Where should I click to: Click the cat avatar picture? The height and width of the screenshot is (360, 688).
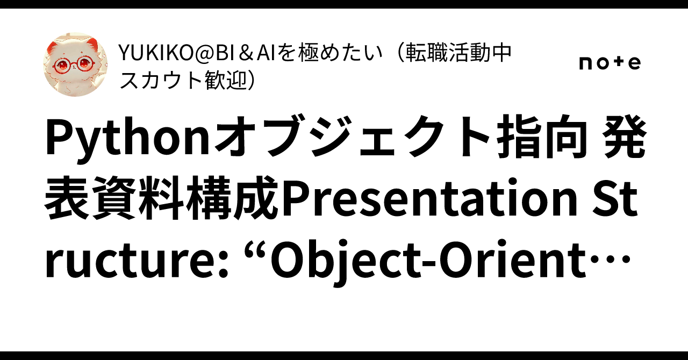pyautogui.click(x=75, y=64)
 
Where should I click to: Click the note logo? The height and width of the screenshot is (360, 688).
pyautogui.click(x=610, y=63)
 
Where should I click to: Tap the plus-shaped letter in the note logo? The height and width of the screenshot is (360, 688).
pyautogui.click(x=618, y=63)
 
